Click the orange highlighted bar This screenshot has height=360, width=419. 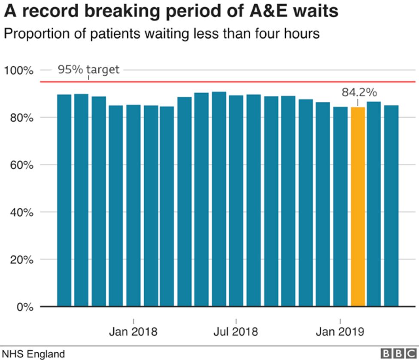[x=358, y=207]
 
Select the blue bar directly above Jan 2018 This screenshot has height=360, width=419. [x=133, y=206]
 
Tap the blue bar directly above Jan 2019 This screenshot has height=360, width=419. [x=340, y=207]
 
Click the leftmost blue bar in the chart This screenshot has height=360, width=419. [x=64, y=200]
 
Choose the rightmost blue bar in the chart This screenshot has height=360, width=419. [x=391, y=206]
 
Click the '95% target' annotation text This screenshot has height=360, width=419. [x=88, y=70]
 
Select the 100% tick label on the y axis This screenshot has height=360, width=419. [x=18, y=70]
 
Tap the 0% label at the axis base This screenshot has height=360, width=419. [x=24, y=307]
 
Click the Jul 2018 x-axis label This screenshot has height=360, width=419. [x=236, y=332]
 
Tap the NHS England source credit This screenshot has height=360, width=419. [x=33, y=354]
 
